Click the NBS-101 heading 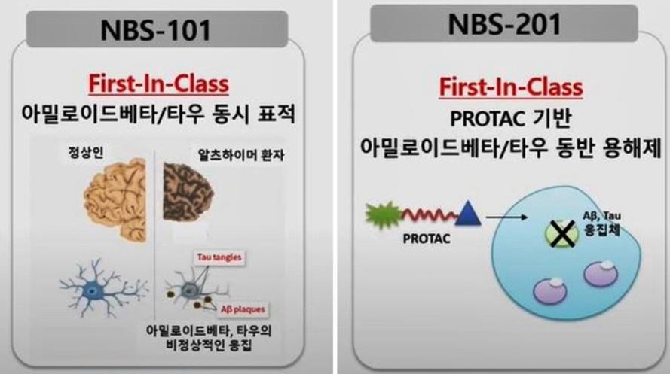(x=156, y=29)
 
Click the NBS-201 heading (x=505, y=24)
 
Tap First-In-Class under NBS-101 (x=158, y=84)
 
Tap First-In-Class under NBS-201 (x=511, y=87)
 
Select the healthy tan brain (x=116, y=199)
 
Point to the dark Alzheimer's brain (x=187, y=192)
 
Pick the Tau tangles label (x=219, y=257)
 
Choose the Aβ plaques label (x=243, y=309)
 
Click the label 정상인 (x=86, y=152)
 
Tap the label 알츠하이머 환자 (x=241, y=154)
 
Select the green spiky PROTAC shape (x=384, y=215)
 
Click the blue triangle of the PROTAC (x=468, y=213)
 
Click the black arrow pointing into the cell (x=506, y=217)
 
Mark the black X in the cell (x=561, y=234)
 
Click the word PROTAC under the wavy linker (x=427, y=239)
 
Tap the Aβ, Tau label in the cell (x=601, y=216)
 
